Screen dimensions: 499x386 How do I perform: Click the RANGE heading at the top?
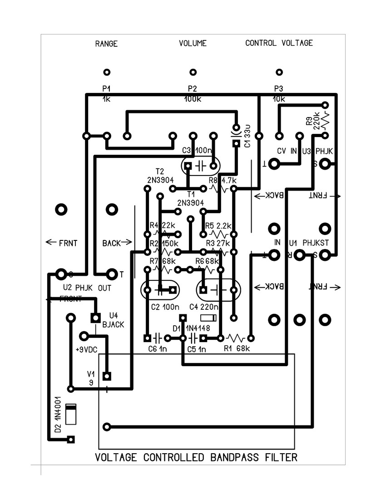click(106, 44)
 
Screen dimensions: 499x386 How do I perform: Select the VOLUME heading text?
click(193, 44)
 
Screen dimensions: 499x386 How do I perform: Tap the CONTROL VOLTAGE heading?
click(279, 43)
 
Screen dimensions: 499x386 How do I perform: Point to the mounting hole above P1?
click(107, 72)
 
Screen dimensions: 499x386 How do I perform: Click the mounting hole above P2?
click(193, 72)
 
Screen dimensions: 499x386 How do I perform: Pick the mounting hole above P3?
click(279, 72)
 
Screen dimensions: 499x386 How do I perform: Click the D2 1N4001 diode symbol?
click(71, 414)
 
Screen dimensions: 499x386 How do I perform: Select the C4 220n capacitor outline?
click(218, 289)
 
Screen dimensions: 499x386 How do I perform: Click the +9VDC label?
click(86, 350)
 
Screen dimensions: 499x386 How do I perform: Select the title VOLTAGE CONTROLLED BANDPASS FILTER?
click(196, 457)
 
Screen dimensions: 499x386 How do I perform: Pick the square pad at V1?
click(107, 376)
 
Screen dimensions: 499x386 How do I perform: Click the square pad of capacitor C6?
click(147, 338)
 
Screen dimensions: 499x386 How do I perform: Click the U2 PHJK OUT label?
click(87, 288)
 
